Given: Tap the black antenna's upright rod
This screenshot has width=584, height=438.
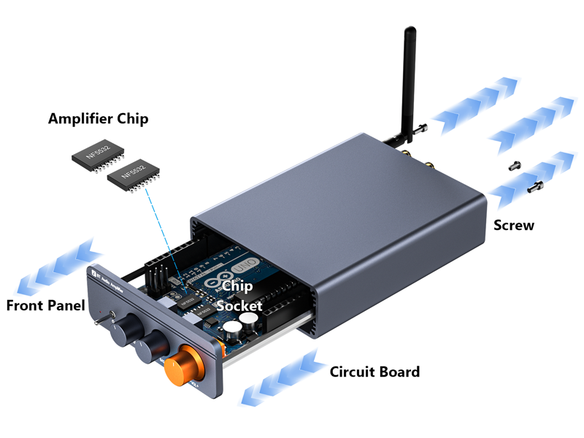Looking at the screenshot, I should point(410,80).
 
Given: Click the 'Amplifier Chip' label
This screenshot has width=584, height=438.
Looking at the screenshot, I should point(98,118).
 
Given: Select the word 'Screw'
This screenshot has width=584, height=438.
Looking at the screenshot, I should point(514,225).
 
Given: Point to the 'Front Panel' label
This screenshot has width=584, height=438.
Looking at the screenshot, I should point(45,305).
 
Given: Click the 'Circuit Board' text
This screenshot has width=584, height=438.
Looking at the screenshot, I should point(374,372).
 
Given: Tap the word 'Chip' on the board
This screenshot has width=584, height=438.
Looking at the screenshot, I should point(237,286).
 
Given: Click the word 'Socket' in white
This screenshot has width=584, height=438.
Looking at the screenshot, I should point(239,306).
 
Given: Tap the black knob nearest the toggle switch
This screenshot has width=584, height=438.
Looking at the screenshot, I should point(121,329).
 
